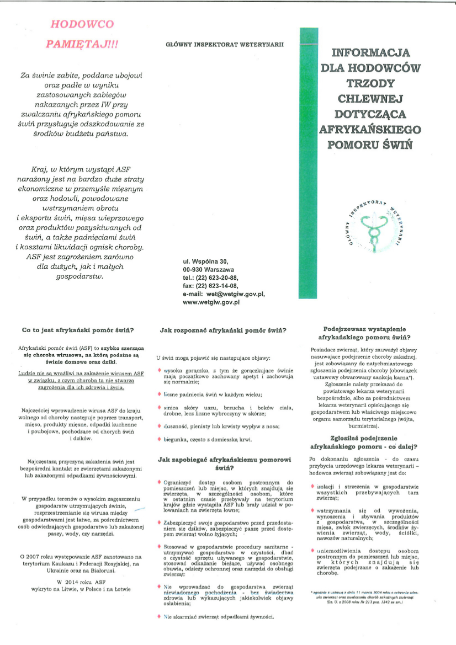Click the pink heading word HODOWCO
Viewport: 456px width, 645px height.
[x=82, y=24]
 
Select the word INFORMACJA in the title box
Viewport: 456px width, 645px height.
[x=370, y=54]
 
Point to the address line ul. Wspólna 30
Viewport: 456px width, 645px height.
[x=204, y=261]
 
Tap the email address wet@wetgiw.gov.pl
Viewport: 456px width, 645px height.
[x=239, y=294]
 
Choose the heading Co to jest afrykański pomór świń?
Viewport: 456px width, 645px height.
[x=78, y=331]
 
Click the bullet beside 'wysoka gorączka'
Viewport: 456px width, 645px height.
[x=160, y=370]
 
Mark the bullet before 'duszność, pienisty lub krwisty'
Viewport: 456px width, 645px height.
[x=160, y=425]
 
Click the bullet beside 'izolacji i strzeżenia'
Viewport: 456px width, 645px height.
[x=312, y=486]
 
